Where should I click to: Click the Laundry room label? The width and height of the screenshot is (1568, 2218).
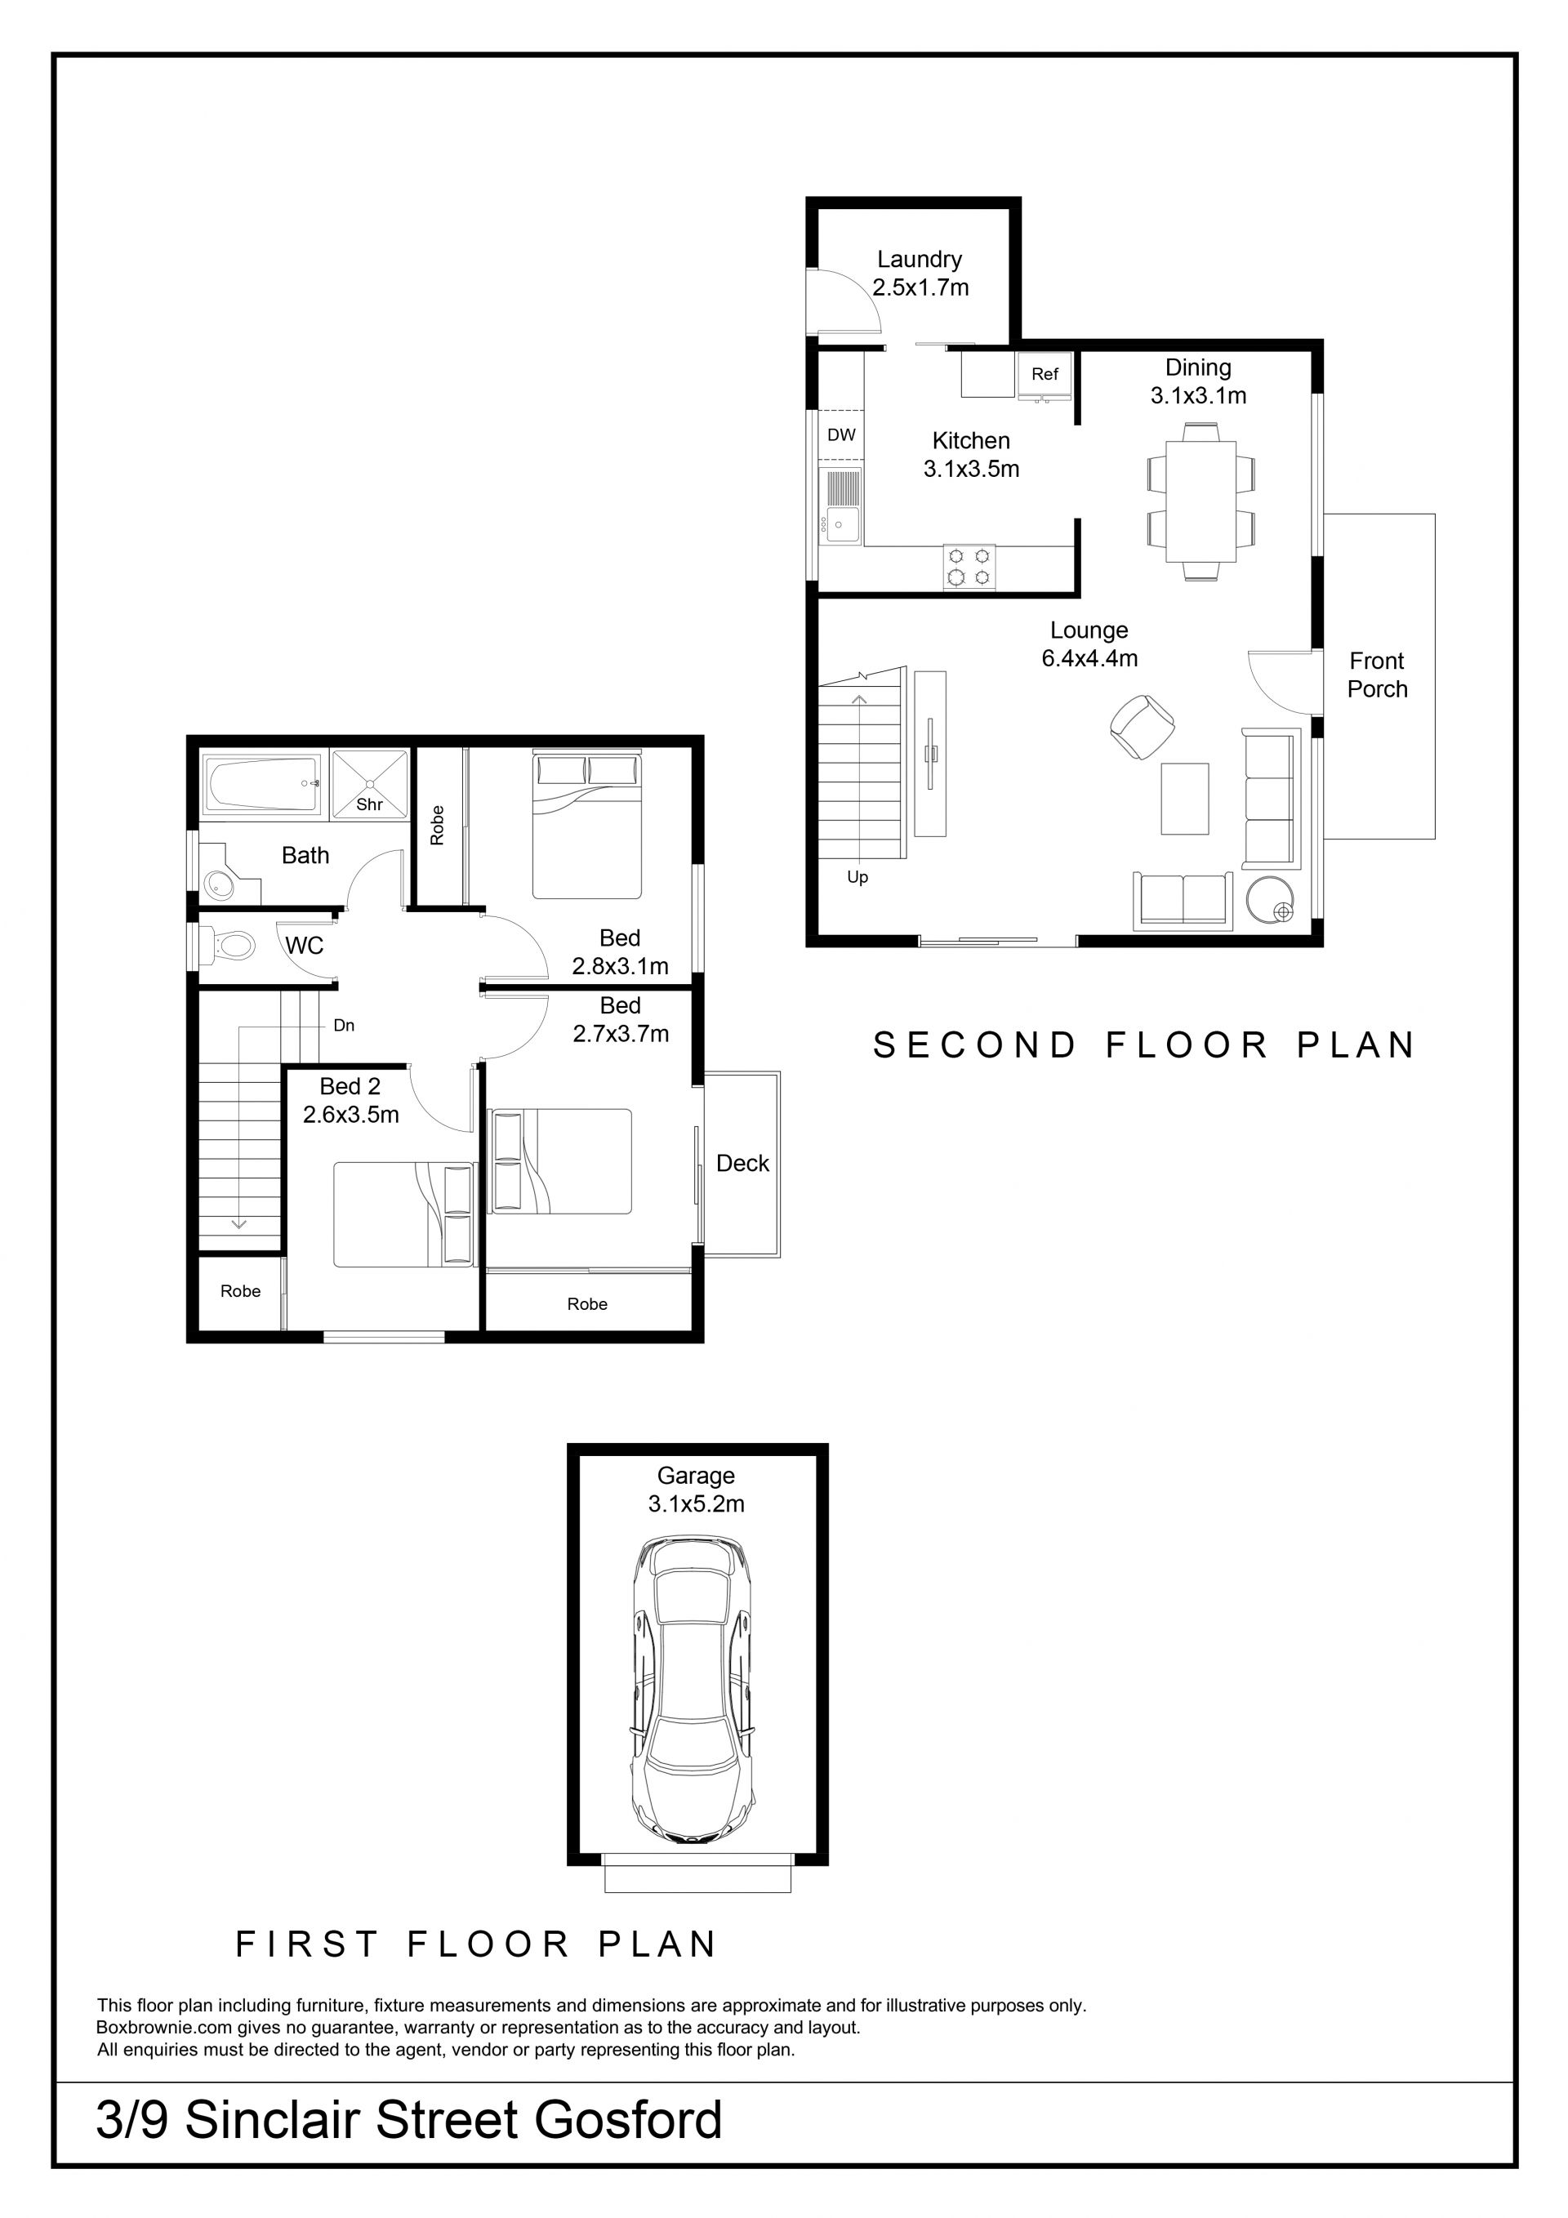[919, 259]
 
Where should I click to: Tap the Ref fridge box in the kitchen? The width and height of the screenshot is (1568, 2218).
[1045, 375]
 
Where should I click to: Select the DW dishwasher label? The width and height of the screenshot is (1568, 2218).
[841, 434]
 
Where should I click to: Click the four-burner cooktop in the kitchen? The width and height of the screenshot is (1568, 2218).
[969, 567]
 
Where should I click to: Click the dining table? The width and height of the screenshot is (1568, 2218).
[1200, 501]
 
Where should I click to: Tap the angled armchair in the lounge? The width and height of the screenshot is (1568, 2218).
[1142, 727]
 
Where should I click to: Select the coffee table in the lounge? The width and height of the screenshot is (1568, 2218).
[1184, 798]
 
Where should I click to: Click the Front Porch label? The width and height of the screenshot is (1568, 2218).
[1377, 675]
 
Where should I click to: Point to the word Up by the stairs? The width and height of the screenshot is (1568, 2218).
[857, 877]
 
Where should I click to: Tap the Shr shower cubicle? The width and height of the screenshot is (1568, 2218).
[370, 785]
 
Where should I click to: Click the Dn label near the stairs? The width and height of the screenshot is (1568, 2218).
[344, 1025]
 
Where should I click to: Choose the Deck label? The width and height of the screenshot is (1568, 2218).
[742, 1163]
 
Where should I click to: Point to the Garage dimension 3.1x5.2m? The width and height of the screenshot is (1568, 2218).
[696, 1504]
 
